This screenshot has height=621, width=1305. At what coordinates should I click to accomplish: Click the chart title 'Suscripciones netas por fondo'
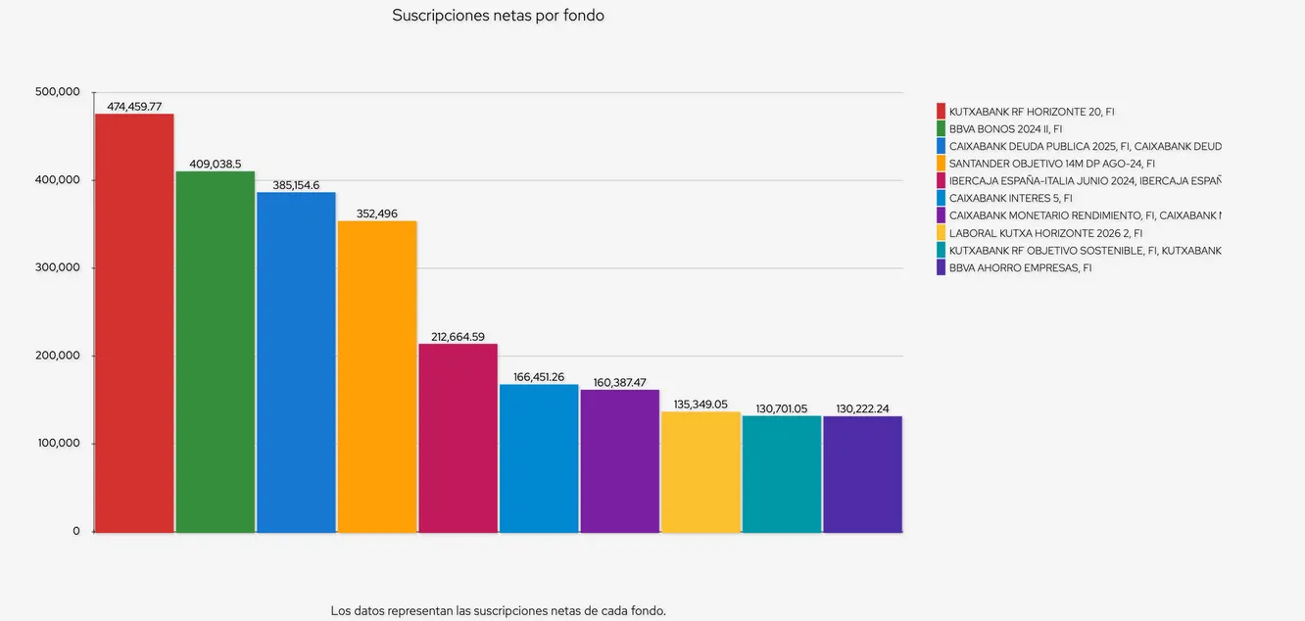click(x=498, y=16)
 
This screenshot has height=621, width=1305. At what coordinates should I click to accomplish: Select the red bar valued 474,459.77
click(x=134, y=323)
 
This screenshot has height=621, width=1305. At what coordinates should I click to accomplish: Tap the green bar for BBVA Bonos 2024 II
click(x=215, y=353)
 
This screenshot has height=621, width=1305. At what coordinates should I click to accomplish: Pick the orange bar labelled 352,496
click(x=377, y=377)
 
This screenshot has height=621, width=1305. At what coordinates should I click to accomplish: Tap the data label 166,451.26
click(x=539, y=377)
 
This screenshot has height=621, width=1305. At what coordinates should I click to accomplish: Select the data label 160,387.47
click(x=619, y=383)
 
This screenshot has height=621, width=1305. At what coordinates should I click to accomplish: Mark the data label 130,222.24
click(x=862, y=408)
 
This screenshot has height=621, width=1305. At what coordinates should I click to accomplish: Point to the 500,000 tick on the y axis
click(x=57, y=92)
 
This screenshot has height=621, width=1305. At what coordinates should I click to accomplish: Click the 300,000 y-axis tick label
click(x=57, y=267)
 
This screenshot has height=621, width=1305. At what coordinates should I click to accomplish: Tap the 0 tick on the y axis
click(x=75, y=531)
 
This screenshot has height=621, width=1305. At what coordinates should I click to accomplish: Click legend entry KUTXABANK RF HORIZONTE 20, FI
click(x=1019, y=112)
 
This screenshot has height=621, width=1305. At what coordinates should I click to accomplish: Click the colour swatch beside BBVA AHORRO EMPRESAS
click(x=942, y=267)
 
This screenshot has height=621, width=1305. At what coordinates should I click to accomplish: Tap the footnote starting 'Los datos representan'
click(x=498, y=610)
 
